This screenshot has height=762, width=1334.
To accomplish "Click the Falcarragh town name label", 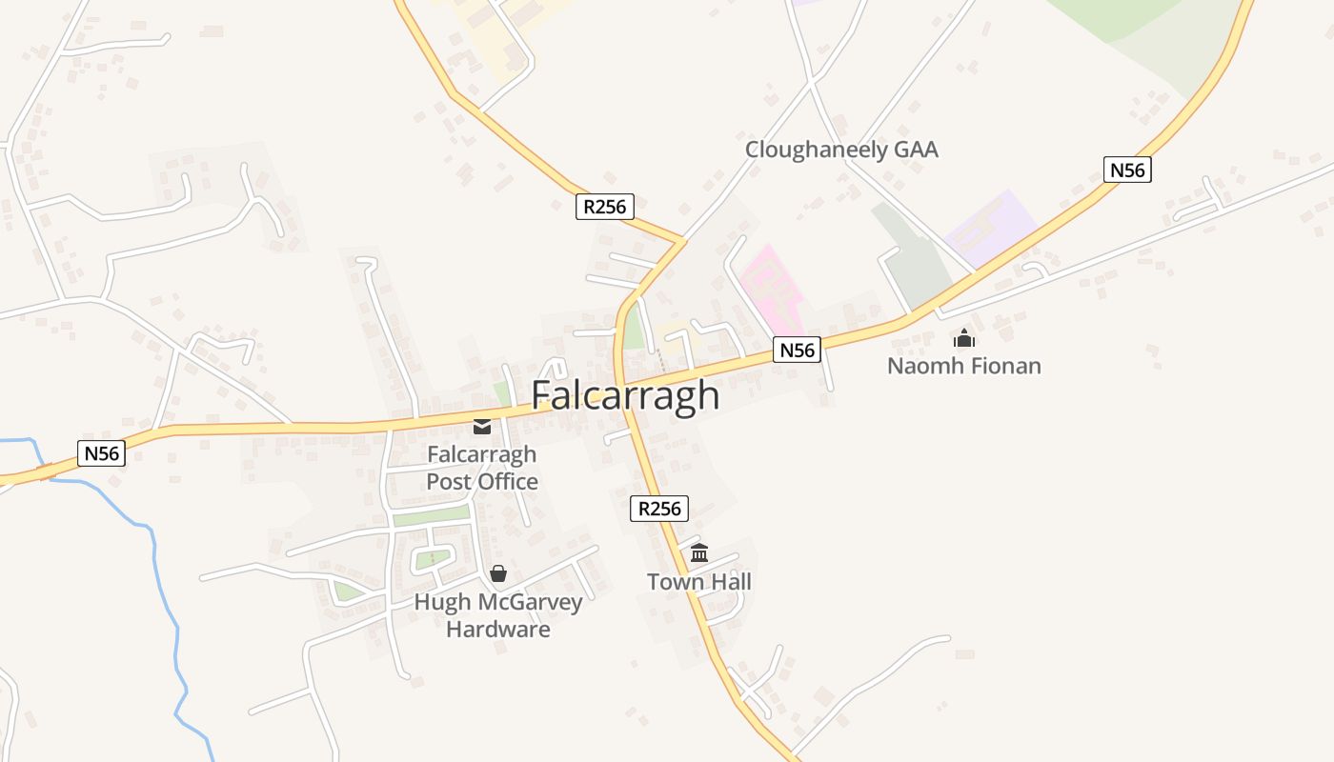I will click(624, 395).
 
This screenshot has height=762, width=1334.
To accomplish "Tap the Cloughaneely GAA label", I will click(841, 150).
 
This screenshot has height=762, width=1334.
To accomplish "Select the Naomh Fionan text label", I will click(963, 366).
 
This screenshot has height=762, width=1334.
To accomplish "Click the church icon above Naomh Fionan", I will click(964, 338).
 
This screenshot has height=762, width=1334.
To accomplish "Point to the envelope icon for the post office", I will click(482, 426).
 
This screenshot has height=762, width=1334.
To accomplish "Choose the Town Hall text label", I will click(699, 582).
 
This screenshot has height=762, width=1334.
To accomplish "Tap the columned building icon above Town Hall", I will click(699, 552).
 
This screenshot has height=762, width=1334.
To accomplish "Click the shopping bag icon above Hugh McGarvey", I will click(497, 573).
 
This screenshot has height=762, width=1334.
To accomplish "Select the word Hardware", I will click(498, 630).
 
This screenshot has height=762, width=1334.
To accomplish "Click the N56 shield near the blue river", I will click(101, 453).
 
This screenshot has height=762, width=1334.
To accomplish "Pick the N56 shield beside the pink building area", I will click(797, 350).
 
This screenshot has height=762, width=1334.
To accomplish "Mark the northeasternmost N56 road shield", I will click(1127, 170).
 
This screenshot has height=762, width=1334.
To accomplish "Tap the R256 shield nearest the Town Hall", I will click(658, 509).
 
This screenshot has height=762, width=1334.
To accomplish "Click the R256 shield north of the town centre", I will click(604, 207).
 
